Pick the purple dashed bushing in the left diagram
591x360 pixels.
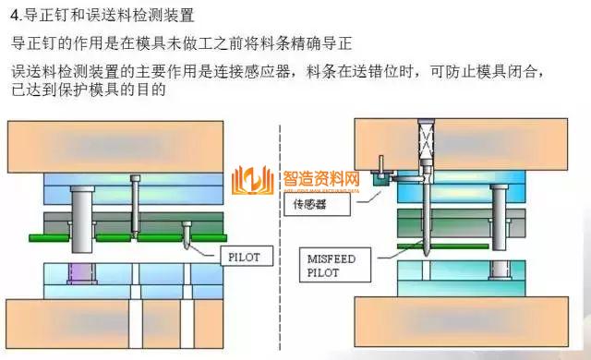click(76, 277)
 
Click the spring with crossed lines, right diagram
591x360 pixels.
click(426, 142)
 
